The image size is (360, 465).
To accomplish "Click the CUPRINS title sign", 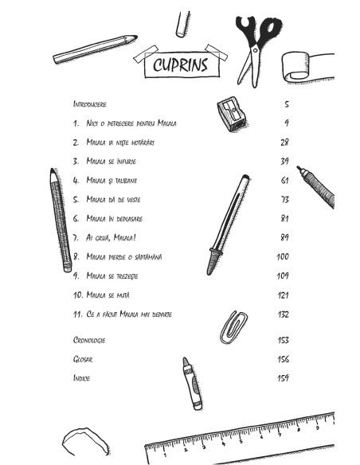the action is coord(182,64).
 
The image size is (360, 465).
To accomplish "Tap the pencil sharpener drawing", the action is coord(232,114).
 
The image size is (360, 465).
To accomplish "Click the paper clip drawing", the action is coord(233,327).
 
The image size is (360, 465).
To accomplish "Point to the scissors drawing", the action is coord(257,51).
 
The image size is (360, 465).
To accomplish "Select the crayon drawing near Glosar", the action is coord(193,384).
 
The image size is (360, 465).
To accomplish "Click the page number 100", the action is coord(282,256).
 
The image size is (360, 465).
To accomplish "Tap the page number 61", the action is coord(284,180).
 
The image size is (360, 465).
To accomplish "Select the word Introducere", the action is coord(89,104).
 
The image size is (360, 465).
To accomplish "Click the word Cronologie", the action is coord(89,340).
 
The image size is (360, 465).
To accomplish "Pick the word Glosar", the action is coord(83,359).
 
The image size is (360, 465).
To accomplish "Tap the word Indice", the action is coord(81,377).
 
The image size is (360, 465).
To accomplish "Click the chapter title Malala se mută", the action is coord(108,295).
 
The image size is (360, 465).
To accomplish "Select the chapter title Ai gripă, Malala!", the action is coord(111,237).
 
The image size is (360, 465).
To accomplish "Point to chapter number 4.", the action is coord(76,180).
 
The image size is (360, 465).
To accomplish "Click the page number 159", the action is coord(283,378).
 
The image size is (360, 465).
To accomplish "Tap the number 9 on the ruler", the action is coord(317,428).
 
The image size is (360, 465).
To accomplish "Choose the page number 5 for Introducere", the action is coord(287,104).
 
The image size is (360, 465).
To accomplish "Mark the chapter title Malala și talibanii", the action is coord(112,180).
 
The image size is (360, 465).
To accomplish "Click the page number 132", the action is coord(283,315).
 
